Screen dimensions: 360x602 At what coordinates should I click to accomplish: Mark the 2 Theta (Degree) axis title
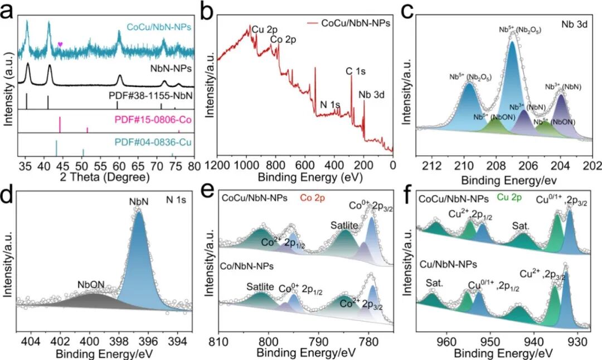pyautogui.click(x=106, y=178)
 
